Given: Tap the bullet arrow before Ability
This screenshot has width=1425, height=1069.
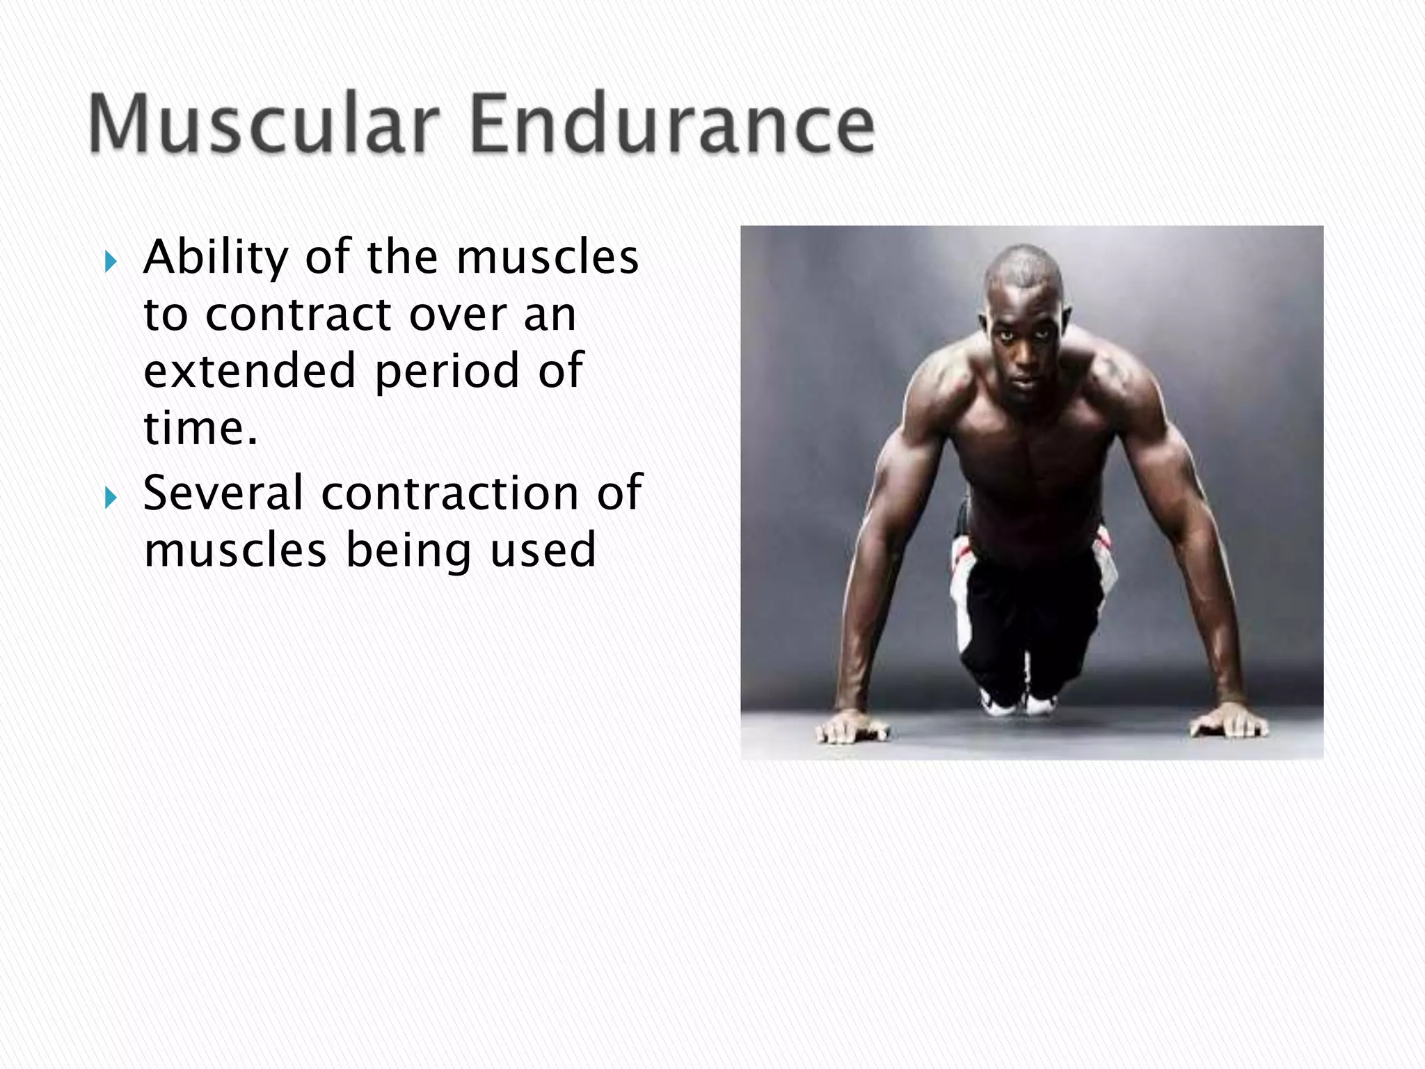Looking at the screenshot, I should [111, 262].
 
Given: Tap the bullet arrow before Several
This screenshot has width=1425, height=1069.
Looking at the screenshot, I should [111, 497].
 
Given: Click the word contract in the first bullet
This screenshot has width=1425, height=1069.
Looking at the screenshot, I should [298, 315].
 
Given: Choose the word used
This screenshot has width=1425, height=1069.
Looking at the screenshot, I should [543, 550].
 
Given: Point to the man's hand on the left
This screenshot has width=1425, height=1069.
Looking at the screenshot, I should [852, 727].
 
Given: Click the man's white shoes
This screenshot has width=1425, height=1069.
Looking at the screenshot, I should [1016, 703].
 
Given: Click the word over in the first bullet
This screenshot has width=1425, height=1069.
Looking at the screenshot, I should [457, 315].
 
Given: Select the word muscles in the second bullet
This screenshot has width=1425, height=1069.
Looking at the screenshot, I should [235, 550].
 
